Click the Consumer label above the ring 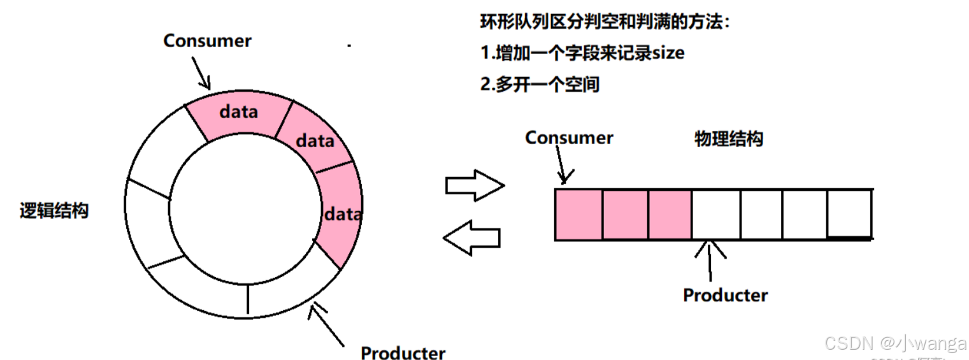coord(207,41)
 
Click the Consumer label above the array coord(569,138)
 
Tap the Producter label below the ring coord(403,352)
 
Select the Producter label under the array coord(725,295)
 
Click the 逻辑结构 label coord(54,212)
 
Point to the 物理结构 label coord(728,139)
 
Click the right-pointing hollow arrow coord(474,186)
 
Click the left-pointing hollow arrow coord(472,237)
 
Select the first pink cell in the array coord(578,214)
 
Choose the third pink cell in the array coord(670,214)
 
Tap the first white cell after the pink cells coord(715,214)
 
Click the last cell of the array coord(849,214)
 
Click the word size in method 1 coord(668,53)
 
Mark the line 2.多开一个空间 coord(540,84)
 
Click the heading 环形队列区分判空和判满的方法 coord(604,22)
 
